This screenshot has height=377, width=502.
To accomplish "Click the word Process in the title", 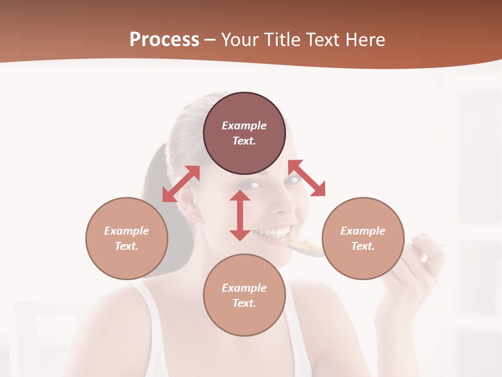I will (x=164, y=40).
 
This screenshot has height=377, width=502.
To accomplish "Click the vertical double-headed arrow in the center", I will (x=240, y=216).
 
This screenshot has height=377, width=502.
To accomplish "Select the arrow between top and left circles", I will (x=181, y=184).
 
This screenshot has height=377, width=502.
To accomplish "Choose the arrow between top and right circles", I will (x=307, y=179).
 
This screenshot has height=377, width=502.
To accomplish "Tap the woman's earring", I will (x=193, y=215).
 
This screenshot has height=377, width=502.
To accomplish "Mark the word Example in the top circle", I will (x=244, y=126).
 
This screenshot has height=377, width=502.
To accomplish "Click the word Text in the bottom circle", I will (x=244, y=303).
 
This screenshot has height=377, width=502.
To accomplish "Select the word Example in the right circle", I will (x=363, y=231).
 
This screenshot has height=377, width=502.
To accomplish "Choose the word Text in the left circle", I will (x=127, y=246).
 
